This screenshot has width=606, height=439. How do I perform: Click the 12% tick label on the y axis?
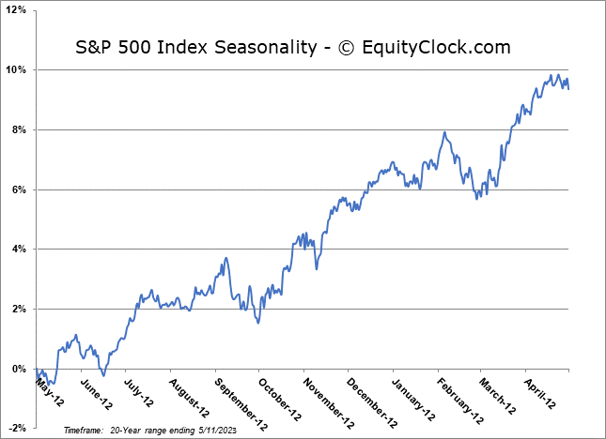[x=17, y=10]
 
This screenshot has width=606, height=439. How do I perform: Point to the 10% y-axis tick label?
[x=17, y=70]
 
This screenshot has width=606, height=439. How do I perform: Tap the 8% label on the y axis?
[x=20, y=130]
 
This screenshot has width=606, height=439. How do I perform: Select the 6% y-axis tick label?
[x=20, y=189]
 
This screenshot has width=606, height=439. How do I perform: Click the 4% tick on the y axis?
[x=20, y=250]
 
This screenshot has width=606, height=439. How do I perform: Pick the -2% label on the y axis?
[x=18, y=429]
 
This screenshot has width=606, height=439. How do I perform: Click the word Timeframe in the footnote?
[x=84, y=429]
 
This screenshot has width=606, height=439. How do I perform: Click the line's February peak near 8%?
[x=443, y=132]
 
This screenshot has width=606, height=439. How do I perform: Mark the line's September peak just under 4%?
[x=225, y=258]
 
